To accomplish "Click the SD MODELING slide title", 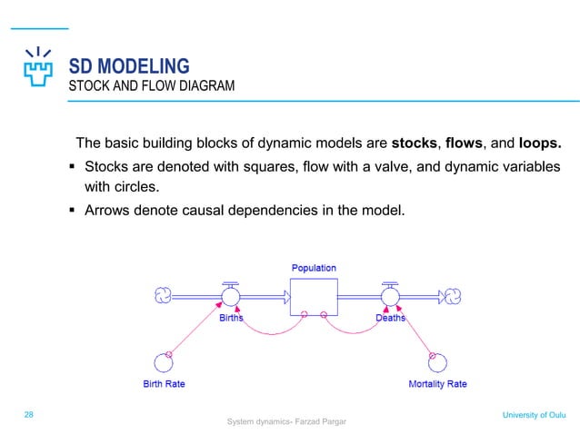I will pos(129,66).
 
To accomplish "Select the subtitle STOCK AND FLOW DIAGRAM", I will pos(152,87).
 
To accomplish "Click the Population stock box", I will pos(313,296).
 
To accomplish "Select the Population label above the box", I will pos(314,268).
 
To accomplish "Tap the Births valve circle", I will pos(231,296).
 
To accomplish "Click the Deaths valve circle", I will pos(390,296).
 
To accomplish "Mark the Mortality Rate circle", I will pos(438,361).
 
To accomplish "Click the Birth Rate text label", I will pos(164,384).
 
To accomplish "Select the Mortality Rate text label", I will pos(437,384).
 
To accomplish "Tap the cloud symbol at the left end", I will pos(164,295).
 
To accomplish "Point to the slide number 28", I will pos(29,414).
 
